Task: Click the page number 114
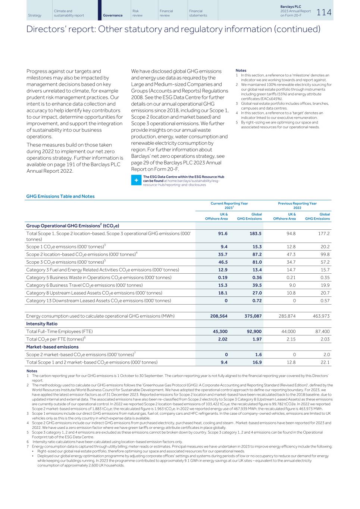(x=324, y=12)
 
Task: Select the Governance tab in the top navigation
(x=113, y=15)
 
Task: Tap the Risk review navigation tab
(x=138, y=13)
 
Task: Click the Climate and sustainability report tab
(x=69, y=13)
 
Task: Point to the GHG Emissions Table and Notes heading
(x=60, y=196)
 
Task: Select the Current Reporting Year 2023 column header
(x=229, y=205)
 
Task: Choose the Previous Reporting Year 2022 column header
(x=297, y=205)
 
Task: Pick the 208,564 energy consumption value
(x=219, y=316)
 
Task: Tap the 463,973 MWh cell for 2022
(x=321, y=316)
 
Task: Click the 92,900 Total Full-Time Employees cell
(x=253, y=331)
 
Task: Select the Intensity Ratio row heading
(x=42, y=324)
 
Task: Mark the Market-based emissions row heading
(x=52, y=347)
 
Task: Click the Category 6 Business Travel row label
(x=84, y=285)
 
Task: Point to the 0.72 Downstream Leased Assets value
(x=257, y=300)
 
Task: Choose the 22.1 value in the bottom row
(x=325, y=362)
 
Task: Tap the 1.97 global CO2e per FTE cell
(x=257, y=339)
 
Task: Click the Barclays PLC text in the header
(x=291, y=7)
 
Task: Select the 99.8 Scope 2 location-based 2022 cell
(x=325, y=254)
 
